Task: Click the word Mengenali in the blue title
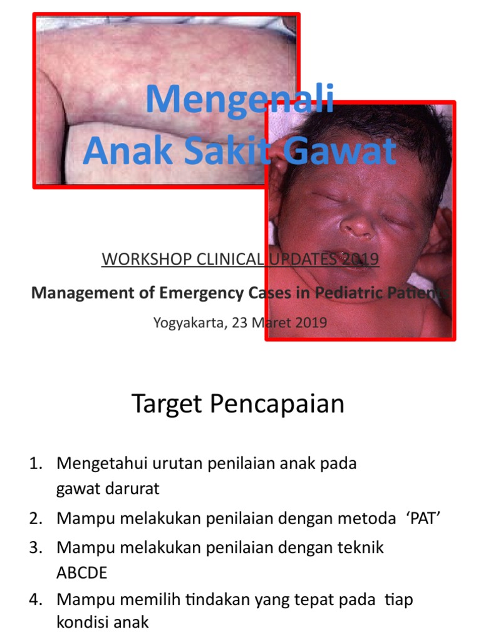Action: coord(240,100)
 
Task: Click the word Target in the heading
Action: coord(167,404)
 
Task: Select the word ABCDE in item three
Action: coord(82,574)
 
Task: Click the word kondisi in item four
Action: coord(81,623)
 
